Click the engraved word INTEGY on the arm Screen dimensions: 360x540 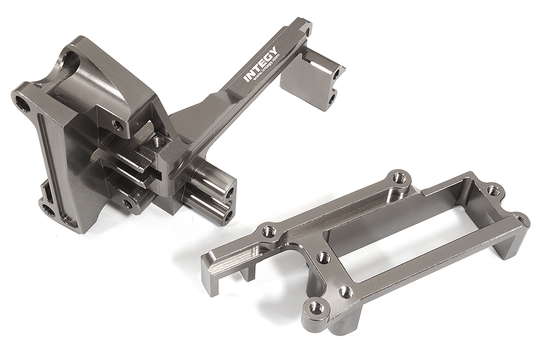[260, 65]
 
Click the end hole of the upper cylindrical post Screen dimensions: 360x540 [230, 192]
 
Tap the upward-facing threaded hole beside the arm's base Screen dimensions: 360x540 [158, 142]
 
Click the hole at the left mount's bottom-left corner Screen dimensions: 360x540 [48, 209]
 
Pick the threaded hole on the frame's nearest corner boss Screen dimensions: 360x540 [316, 308]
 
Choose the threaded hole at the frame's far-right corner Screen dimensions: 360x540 [521, 220]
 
